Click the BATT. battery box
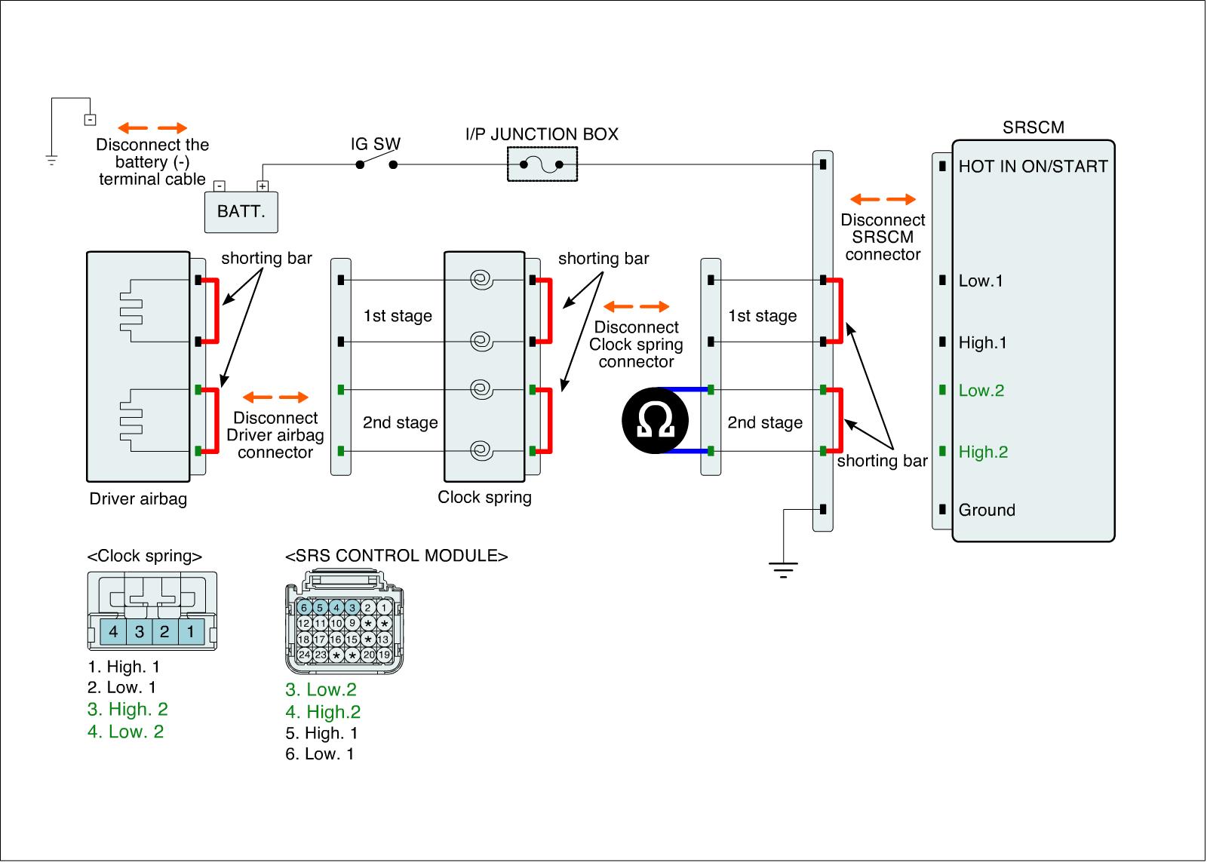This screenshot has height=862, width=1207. click(x=241, y=211)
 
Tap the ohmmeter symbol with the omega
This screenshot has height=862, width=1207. click(x=655, y=421)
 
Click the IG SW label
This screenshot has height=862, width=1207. click(x=375, y=144)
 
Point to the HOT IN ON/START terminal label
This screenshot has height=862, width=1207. click(x=1033, y=167)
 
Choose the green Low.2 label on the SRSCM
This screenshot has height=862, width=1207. click(x=981, y=391)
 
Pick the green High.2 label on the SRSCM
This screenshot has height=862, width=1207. click(x=983, y=452)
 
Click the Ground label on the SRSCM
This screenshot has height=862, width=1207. click(x=987, y=511)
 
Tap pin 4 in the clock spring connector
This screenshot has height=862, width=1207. click(x=113, y=631)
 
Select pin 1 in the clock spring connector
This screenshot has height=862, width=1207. click(x=191, y=631)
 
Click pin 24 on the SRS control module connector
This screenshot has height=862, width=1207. click(x=304, y=655)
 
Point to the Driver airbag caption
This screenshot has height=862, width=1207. click(x=138, y=499)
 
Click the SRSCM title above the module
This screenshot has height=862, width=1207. click(x=1033, y=127)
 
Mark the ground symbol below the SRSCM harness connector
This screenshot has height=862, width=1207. click(x=784, y=569)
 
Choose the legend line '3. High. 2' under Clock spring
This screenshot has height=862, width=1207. click(x=127, y=710)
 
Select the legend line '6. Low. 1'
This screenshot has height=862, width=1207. click(x=320, y=754)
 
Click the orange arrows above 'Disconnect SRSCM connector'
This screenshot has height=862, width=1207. click(x=883, y=200)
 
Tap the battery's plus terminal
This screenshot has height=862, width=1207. click(x=263, y=186)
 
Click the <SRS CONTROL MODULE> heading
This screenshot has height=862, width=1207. click(x=396, y=557)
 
